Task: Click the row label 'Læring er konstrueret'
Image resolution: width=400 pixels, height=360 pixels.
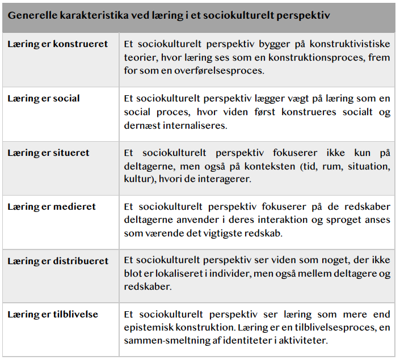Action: tap(57, 44)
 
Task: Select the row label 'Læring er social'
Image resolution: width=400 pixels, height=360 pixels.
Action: tap(44, 98)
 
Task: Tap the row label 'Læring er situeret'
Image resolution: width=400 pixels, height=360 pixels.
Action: tap(48, 153)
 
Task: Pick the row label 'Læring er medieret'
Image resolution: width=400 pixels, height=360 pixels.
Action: tap(52, 206)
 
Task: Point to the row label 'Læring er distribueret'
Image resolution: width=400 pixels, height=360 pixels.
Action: tap(58, 261)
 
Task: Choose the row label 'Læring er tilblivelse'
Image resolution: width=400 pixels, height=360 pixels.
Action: tap(53, 314)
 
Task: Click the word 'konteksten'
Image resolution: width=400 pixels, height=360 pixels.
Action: tap(253, 166)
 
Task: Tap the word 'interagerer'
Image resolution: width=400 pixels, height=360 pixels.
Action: tap(225, 180)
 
